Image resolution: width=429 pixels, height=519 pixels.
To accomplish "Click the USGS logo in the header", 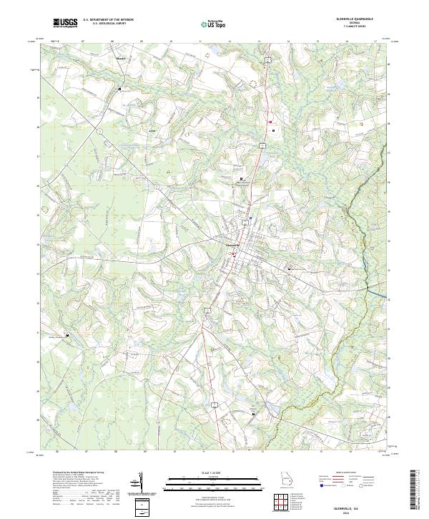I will tap(65, 23).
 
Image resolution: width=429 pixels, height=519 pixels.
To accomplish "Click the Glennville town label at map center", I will tap(232, 244).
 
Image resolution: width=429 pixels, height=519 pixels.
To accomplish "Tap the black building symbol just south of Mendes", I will tap(119, 89).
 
